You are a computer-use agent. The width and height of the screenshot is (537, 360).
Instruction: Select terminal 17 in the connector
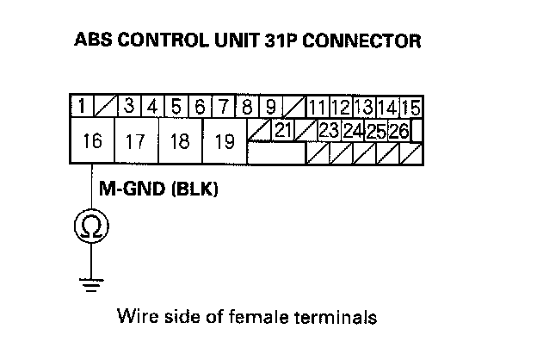(x=135, y=141)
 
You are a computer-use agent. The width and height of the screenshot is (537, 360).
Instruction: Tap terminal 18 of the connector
(x=180, y=141)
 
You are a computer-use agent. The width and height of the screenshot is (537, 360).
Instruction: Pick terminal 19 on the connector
(x=225, y=141)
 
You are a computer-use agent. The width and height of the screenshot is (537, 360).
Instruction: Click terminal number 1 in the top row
(x=80, y=108)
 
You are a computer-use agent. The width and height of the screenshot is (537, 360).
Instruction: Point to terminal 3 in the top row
(x=129, y=108)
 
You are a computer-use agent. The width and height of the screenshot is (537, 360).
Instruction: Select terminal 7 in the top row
(x=223, y=108)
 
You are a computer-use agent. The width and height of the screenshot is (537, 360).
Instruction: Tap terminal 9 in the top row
(x=270, y=108)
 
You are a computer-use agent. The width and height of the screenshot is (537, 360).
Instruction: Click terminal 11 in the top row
(x=316, y=109)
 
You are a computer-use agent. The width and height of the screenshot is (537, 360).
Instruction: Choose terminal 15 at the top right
(x=410, y=109)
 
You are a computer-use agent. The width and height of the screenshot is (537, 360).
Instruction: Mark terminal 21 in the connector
(x=282, y=129)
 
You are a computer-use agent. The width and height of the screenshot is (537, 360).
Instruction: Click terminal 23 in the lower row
(x=328, y=130)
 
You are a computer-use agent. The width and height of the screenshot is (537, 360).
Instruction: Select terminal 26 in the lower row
(x=398, y=131)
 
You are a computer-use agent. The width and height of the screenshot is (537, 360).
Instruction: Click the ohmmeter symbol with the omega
(x=89, y=227)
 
